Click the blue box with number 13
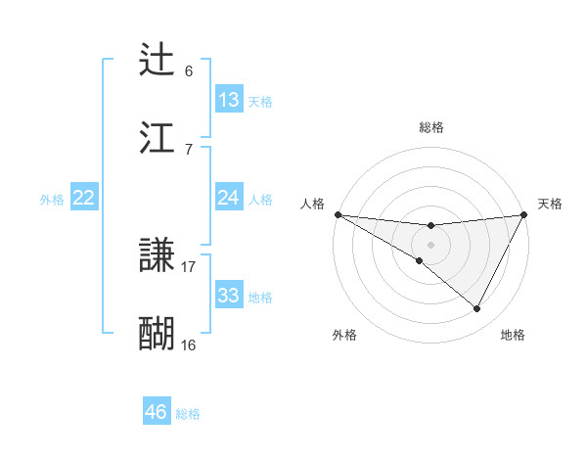click(229, 100)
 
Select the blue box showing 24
click(229, 198)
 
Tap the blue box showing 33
click(229, 296)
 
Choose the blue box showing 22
click(84, 198)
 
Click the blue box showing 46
click(157, 412)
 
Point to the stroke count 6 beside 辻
click(189, 71)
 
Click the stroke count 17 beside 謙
click(189, 266)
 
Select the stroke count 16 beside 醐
click(189, 345)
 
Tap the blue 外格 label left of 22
click(52, 199)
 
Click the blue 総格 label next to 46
click(188, 413)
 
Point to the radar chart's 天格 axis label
click(551, 204)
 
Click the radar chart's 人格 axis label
click(311, 204)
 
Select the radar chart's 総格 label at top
click(431, 127)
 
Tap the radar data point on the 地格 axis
click(477, 309)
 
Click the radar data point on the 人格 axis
click(338, 214)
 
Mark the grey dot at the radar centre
click(431, 245)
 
